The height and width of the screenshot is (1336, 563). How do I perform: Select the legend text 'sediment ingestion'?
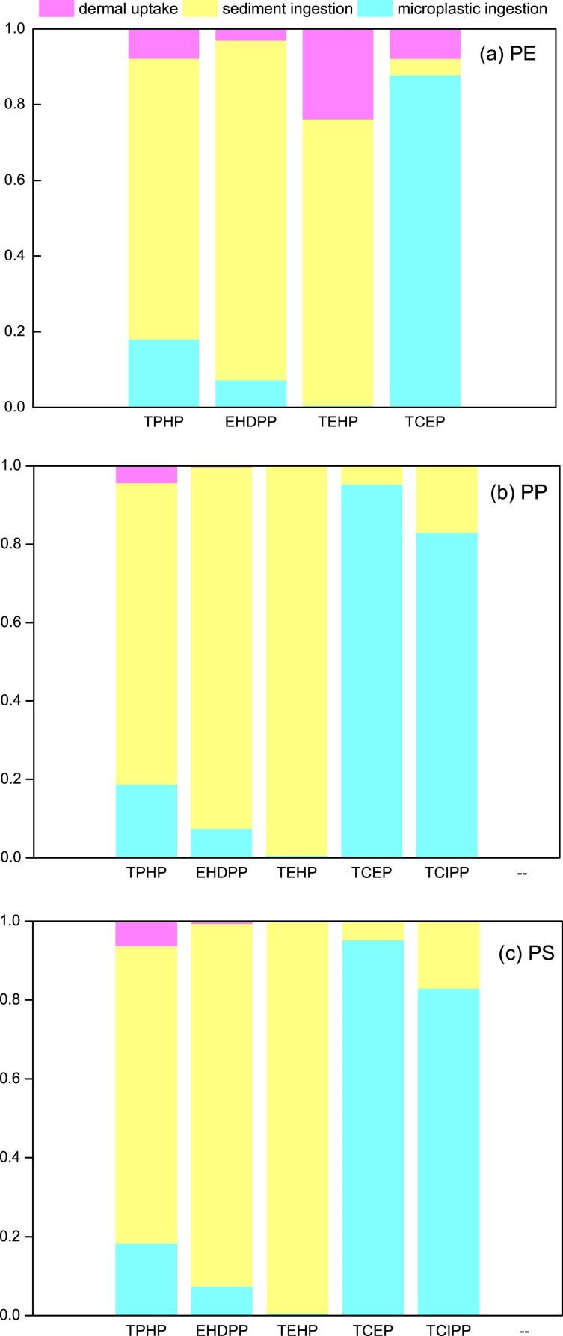tap(288, 9)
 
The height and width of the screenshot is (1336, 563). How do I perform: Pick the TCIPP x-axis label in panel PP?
tap(446, 873)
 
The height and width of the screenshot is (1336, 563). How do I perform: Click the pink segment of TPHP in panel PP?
tap(147, 474)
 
